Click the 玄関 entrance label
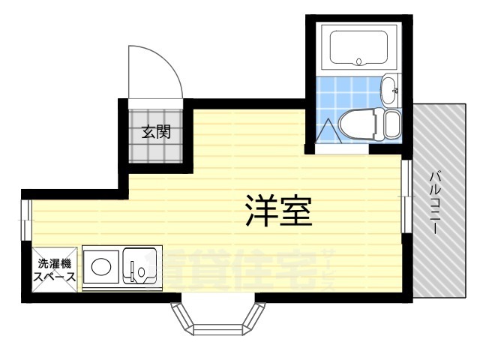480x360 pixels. pos(157,133)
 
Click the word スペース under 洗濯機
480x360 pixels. pos(54,277)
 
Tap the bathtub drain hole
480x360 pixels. pos(359,61)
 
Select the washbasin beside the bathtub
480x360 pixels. pos(391,91)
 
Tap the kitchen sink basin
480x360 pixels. pos(140,266)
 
